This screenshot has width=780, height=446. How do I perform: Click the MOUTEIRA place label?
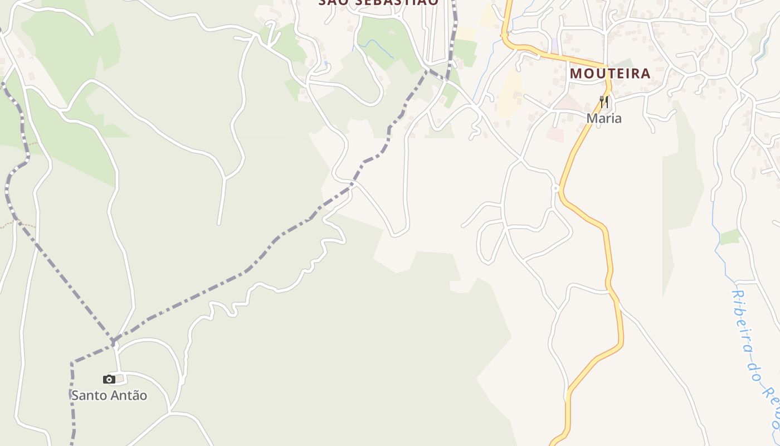click(x=610, y=73)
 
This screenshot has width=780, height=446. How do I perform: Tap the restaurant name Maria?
click(x=604, y=118)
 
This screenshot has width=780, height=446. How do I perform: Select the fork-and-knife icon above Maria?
click(x=604, y=102)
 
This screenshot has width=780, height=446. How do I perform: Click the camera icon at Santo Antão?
click(x=109, y=380)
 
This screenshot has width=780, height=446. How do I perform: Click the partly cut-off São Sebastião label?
click(x=379, y=3)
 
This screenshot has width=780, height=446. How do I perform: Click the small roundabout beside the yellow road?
click(x=555, y=188)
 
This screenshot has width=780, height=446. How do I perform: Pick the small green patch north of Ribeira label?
click(x=729, y=237)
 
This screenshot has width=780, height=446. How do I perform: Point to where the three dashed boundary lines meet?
click(x=113, y=340)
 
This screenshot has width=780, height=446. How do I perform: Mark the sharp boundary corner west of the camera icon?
click(x=72, y=363)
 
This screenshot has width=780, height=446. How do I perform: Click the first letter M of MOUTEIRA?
click(x=576, y=73)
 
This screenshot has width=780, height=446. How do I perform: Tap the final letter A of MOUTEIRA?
click(x=645, y=73)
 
